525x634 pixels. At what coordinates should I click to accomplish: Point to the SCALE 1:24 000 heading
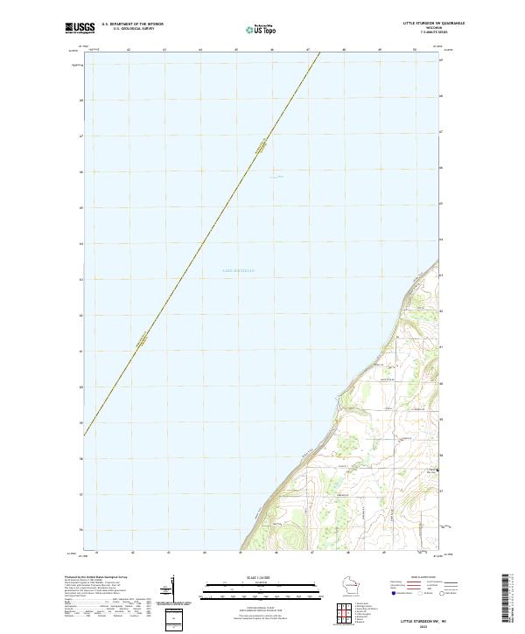[262, 576]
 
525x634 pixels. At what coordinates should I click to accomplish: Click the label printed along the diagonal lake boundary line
[260, 147]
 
